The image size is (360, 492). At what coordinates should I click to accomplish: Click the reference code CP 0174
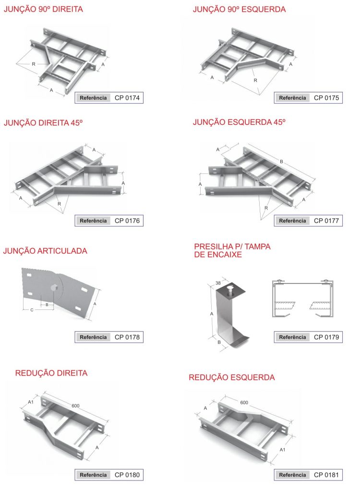pos(127,98)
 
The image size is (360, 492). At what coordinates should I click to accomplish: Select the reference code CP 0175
pos(326,98)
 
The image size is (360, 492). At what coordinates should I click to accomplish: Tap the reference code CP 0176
pos(127,221)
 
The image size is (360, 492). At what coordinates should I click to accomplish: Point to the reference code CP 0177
pos(326,221)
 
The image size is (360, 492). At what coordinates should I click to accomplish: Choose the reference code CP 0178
pos(127,337)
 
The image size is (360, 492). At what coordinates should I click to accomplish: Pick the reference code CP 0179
pos(326,337)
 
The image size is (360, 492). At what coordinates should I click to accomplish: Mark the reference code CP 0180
pos(127,475)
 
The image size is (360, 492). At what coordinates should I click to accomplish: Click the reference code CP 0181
pos(326,475)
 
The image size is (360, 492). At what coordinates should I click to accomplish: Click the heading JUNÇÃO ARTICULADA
pos(45,251)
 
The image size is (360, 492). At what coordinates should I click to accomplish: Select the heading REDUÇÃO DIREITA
pos(51,373)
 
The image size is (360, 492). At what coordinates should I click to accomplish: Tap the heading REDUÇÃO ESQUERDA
pos(232,377)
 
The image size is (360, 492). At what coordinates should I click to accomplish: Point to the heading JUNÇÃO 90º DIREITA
pos(43,9)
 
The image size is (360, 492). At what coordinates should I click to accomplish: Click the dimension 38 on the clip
pos(218,283)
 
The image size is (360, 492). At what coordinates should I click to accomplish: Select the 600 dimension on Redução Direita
pos(75,406)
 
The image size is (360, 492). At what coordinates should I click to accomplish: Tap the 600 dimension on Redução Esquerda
pos(244,403)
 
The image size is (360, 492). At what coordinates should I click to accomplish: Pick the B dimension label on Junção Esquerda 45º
pos(282,161)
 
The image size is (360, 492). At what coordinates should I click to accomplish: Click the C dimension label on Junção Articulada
pos(32,310)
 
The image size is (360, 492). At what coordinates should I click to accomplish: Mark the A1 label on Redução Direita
pos(31,402)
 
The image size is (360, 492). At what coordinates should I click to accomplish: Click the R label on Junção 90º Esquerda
pos(255,80)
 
